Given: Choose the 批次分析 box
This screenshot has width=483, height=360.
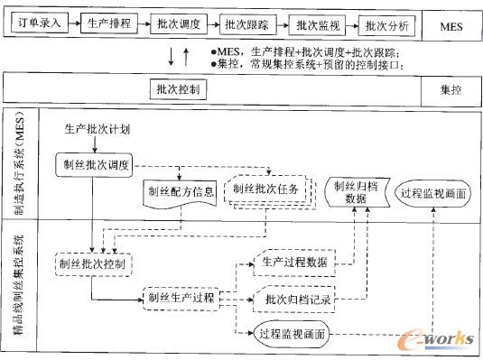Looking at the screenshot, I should tap(385, 25).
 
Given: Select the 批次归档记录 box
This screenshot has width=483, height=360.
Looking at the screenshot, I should tap(293, 299).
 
